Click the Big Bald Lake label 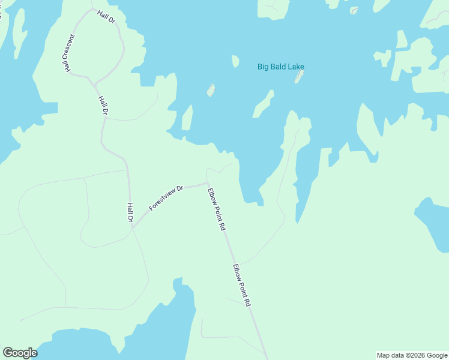280,67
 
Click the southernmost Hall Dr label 130,212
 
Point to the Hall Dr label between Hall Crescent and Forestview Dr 103,105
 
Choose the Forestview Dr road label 166,197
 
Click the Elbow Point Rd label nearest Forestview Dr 216,210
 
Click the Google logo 20,353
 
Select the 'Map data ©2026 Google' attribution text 411,355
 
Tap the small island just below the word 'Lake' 298,77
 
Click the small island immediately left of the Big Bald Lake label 235,61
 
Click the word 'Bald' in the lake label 279,67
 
